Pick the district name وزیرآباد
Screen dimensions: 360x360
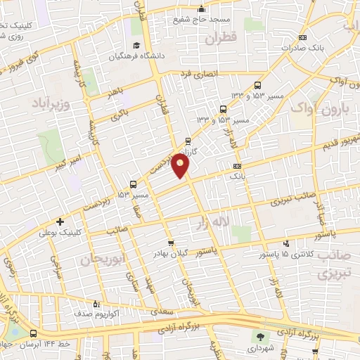[51, 104]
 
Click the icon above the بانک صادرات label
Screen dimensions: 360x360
[302, 37]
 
